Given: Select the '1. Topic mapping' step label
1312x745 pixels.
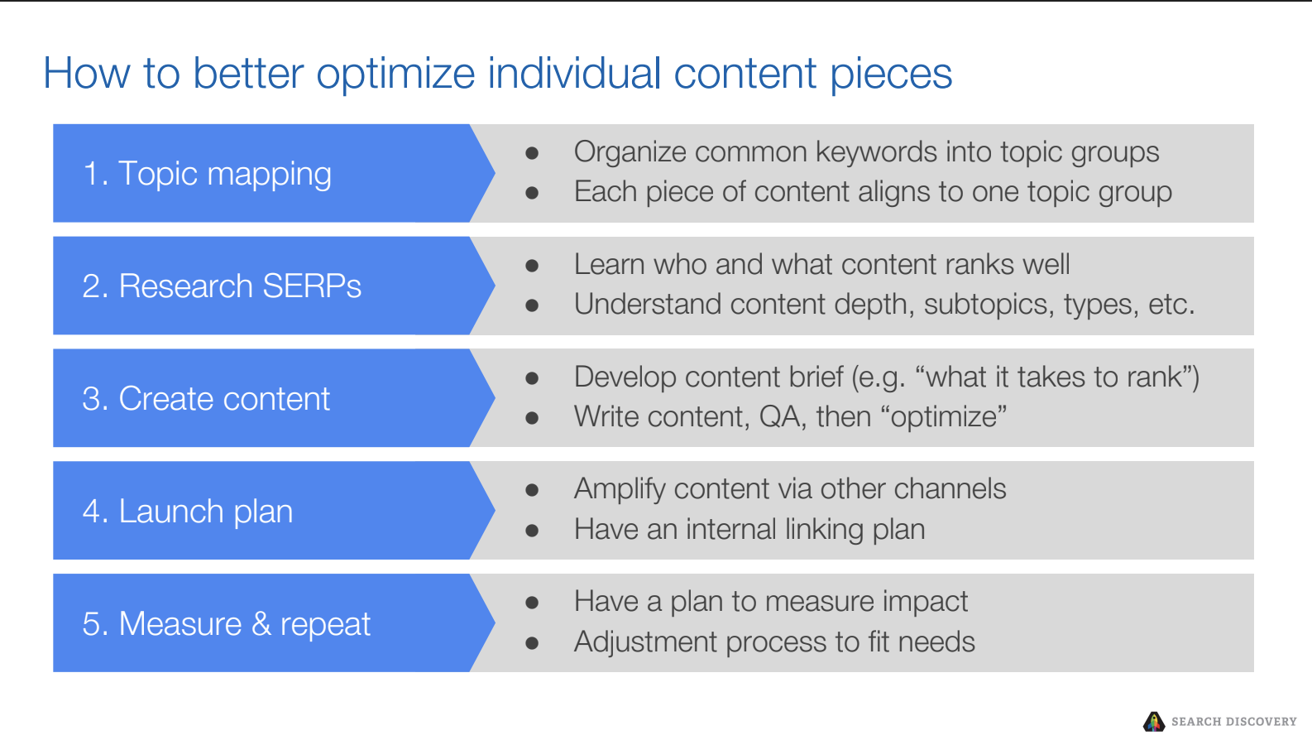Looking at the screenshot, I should [207, 174].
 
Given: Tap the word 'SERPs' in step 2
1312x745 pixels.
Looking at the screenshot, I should [312, 286].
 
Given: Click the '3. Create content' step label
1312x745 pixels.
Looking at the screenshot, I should [206, 399].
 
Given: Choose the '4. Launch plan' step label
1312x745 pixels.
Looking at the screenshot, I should [188, 512].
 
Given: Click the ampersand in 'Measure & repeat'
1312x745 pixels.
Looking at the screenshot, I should [261, 623].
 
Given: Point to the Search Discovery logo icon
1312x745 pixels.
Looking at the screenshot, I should [1154, 722].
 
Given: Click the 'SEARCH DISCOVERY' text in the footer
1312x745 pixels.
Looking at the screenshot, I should [1233, 722].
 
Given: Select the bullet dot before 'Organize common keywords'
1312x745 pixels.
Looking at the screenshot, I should [532, 153].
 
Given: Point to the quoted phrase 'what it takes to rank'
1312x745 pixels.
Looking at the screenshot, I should [1056, 377].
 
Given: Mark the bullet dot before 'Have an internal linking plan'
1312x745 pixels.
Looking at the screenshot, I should [532, 531].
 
